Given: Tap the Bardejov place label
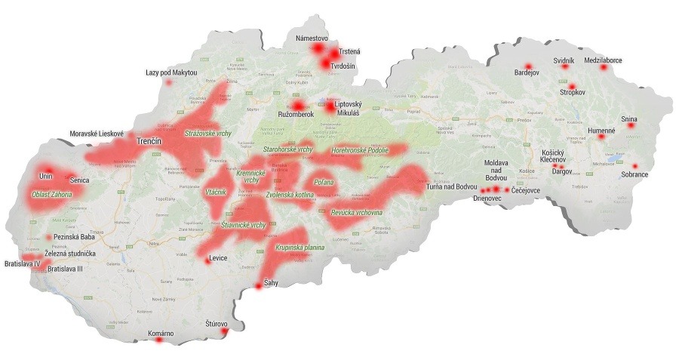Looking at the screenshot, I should (528, 74).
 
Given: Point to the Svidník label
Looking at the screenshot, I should (564, 59).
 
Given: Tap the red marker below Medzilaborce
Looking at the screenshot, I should (603, 68).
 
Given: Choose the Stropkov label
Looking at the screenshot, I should (573, 93).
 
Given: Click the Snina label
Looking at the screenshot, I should (629, 118).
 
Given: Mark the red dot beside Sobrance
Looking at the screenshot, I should (635, 166).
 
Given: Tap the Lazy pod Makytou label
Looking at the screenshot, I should (171, 72).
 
